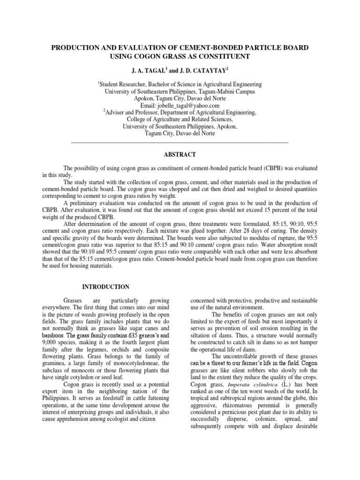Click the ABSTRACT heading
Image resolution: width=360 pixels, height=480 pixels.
coord(180,154)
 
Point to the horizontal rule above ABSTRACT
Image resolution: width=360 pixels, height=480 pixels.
coord(180,141)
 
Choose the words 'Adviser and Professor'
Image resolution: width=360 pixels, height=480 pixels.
coord(135,113)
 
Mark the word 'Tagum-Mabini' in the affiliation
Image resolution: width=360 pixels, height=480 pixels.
coord(208,91)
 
